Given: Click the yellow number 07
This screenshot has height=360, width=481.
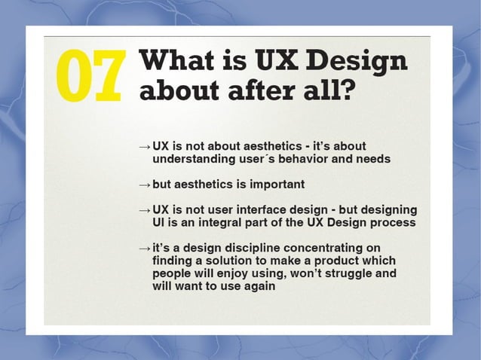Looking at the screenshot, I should tap(89, 77).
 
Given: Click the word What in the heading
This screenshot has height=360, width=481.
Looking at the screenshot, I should tap(176, 61).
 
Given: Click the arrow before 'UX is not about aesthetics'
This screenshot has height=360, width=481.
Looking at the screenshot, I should tap(145, 145).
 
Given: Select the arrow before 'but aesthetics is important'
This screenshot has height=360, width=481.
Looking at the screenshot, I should tap(145, 185).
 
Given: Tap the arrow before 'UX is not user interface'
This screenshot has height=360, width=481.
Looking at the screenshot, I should tap(145, 209).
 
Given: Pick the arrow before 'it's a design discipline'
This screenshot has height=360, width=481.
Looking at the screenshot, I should tap(145, 249).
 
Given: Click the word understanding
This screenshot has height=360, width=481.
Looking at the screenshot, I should tap(192, 159).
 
